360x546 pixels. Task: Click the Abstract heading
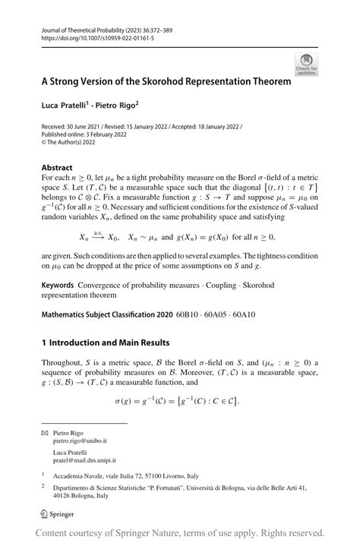[58, 167]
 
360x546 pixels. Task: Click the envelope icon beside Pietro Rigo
[45, 431]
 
